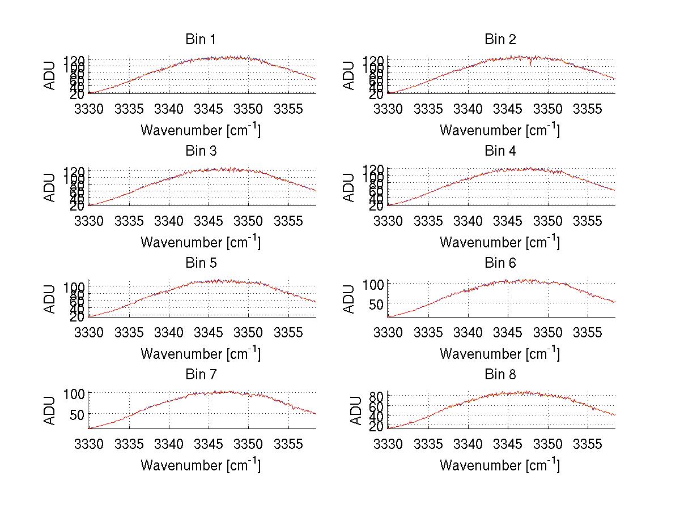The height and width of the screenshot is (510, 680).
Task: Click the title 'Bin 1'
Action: (200, 40)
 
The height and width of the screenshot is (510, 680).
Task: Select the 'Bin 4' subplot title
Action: (500, 151)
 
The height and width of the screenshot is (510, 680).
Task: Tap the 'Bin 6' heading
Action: (500, 263)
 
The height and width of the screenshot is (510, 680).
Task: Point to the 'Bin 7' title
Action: (200, 374)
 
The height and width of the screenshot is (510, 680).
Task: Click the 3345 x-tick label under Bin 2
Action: (508, 108)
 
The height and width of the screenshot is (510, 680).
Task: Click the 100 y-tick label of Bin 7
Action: (75, 393)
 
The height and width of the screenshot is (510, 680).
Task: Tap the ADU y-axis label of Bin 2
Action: (350, 75)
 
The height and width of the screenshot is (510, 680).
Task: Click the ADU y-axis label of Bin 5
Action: (50, 299)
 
